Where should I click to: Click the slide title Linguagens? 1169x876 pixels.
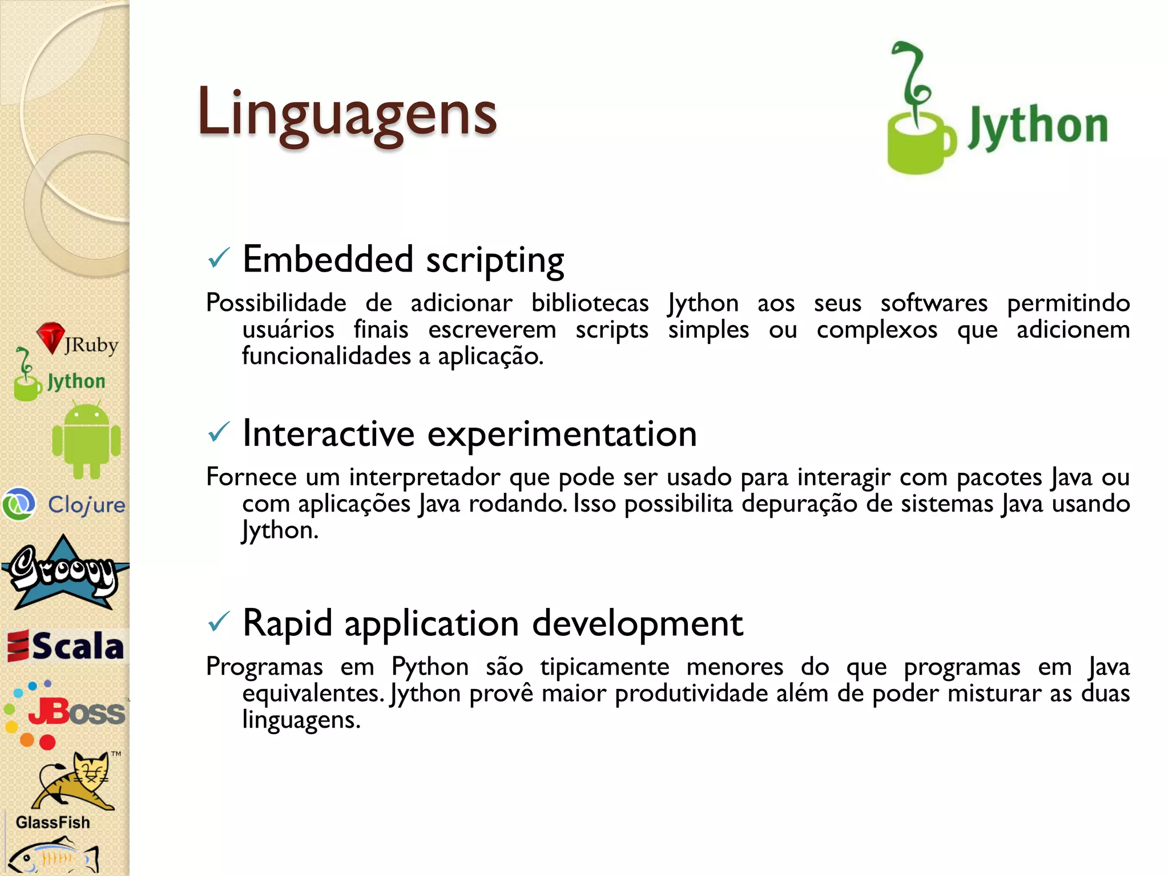coord(346,113)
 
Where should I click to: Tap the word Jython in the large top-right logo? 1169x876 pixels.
coord(1037,127)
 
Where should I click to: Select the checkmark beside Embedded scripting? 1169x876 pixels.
coord(219,259)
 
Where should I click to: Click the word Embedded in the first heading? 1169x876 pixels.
coord(328,259)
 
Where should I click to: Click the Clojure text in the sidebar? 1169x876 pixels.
coord(86,505)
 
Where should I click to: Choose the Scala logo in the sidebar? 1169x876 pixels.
coord(66,646)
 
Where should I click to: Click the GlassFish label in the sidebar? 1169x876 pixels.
coord(53,822)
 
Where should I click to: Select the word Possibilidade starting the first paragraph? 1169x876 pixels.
coord(276,303)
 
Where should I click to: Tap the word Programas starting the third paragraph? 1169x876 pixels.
coord(264,666)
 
